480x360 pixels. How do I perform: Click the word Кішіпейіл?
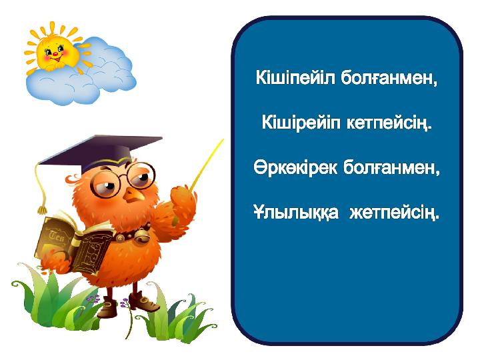295,78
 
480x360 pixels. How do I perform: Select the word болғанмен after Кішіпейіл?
386,78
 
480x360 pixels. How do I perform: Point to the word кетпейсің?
386,123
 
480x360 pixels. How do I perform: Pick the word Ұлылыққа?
296,212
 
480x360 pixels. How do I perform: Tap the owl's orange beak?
134,195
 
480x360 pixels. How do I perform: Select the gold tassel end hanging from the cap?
41,209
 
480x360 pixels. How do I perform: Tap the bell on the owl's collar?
141,236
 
